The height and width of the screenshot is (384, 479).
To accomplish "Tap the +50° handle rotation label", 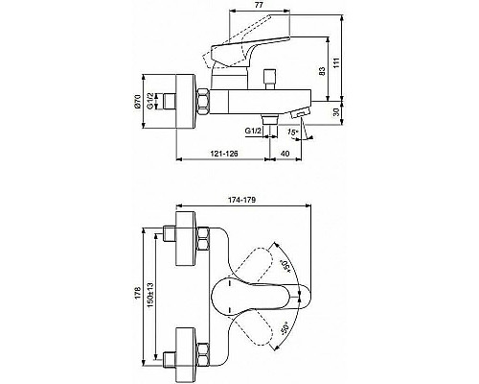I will pyautogui.click(x=285, y=265).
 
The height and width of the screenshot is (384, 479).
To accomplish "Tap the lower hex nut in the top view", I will pyautogui.click(x=203, y=347).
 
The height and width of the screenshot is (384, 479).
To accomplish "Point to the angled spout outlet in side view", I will pyautogui.click(x=300, y=115).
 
